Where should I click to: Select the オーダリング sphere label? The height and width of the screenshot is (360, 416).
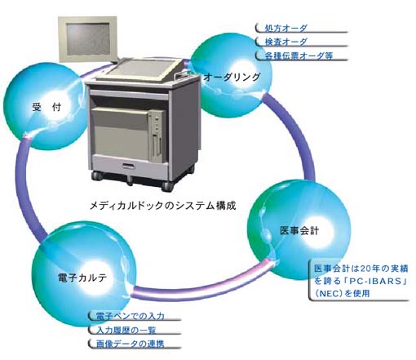click(x=232, y=78)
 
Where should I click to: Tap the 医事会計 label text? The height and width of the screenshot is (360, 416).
click(x=299, y=231)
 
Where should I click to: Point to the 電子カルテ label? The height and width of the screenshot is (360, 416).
click(x=82, y=278)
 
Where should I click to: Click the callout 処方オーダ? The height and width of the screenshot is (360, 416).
click(x=286, y=28)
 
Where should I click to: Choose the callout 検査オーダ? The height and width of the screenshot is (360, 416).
click(x=286, y=42)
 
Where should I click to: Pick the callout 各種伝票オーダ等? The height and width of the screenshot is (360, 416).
click(x=299, y=56)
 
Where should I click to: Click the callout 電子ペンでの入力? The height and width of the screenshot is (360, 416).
click(x=131, y=316)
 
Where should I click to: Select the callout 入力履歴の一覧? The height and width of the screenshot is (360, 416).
click(x=126, y=331)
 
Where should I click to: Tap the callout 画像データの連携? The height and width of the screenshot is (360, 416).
click(x=131, y=344)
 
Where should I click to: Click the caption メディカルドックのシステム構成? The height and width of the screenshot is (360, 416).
click(x=162, y=206)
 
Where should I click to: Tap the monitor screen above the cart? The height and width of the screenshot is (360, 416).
click(x=88, y=39)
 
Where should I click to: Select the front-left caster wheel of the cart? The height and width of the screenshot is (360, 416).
click(x=97, y=176)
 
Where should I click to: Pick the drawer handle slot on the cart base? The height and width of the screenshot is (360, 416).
click(x=129, y=166)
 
